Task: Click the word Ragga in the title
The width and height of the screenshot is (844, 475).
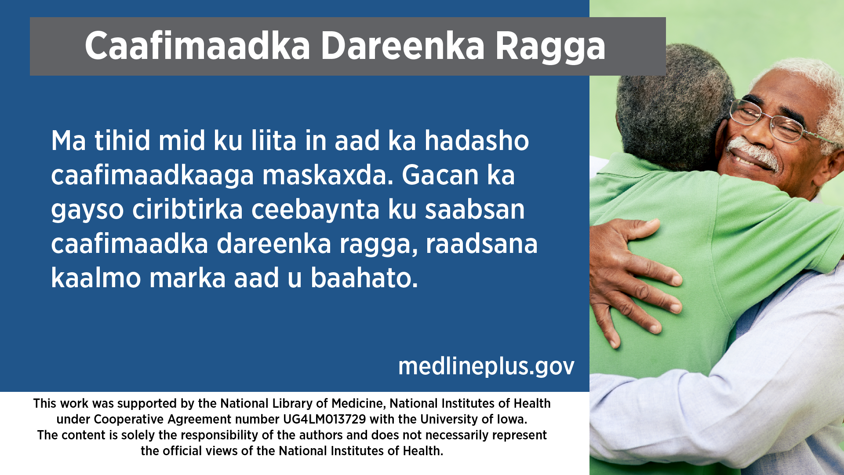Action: coord(550,47)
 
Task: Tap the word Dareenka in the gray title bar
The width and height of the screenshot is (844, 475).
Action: coord(402,46)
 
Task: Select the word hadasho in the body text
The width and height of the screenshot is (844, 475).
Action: coord(477,141)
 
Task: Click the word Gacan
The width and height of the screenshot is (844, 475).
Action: coord(440,175)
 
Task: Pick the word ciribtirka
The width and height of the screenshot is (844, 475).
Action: coord(188,209)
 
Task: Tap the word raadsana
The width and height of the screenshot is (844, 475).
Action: coord(481,244)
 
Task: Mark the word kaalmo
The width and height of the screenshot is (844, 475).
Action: coord(96,278)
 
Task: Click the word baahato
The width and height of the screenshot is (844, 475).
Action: coord(364,278)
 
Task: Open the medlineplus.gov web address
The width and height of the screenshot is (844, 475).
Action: coord(486,366)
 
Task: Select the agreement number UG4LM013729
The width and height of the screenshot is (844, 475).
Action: coord(324,419)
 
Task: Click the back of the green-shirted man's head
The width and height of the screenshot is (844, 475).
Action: coord(673,106)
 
